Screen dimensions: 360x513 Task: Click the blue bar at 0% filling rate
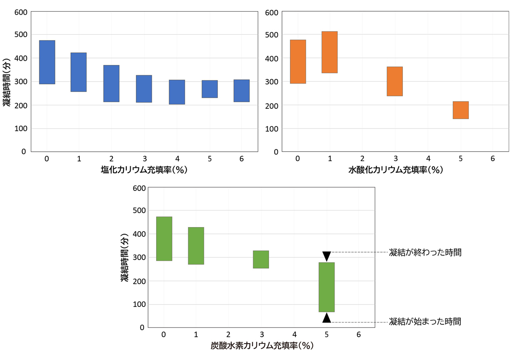[47, 62]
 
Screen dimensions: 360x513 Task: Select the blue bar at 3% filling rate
[144, 89]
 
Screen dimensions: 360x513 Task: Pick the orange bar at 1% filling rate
[330, 52]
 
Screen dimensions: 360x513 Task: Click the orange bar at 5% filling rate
[461, 110]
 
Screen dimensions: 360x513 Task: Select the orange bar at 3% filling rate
[395, 81]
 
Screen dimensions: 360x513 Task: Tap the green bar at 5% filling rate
[327, 287]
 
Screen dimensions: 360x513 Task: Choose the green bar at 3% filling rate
[261, 259]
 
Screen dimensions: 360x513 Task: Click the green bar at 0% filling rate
[164, 239]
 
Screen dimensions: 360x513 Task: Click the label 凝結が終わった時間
[425, 252]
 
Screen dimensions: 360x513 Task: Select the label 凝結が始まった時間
[425, 321]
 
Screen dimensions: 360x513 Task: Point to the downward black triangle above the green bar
[327, 256]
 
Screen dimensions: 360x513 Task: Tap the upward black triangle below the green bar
[327, 318]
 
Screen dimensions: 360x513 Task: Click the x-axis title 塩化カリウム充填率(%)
[144, 170]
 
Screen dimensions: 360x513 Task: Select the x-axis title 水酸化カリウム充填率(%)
[395, 170]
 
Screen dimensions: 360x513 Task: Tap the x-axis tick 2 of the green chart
[228, 335]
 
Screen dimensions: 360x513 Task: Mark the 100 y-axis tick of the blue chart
[20, 129]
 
